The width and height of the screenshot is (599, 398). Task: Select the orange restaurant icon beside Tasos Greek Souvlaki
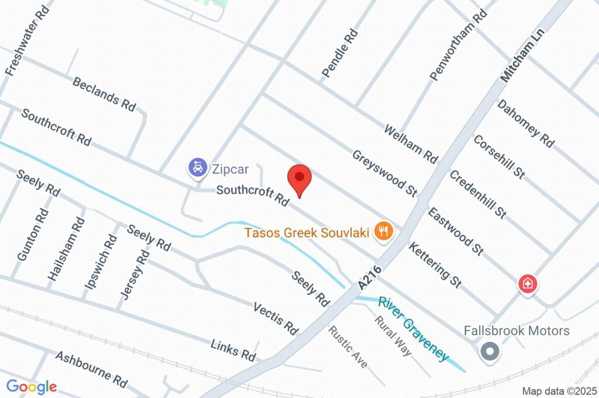tap(383, 231)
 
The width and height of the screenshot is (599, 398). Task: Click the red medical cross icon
tap(528, 284)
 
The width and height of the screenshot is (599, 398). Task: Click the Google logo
tap(32, 386)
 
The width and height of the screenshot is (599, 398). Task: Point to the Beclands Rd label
tap(104, 94)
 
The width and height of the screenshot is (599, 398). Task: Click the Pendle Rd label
tap(339, 54)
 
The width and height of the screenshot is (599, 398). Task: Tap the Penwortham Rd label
tap(458, 45)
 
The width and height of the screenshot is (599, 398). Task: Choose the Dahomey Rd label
tap(525, 123)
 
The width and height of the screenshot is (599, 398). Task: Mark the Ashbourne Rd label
tap(91, 369)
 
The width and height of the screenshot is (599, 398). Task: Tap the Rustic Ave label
tap(347, 347)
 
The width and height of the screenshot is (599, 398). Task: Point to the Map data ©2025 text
tap(559, 391)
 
